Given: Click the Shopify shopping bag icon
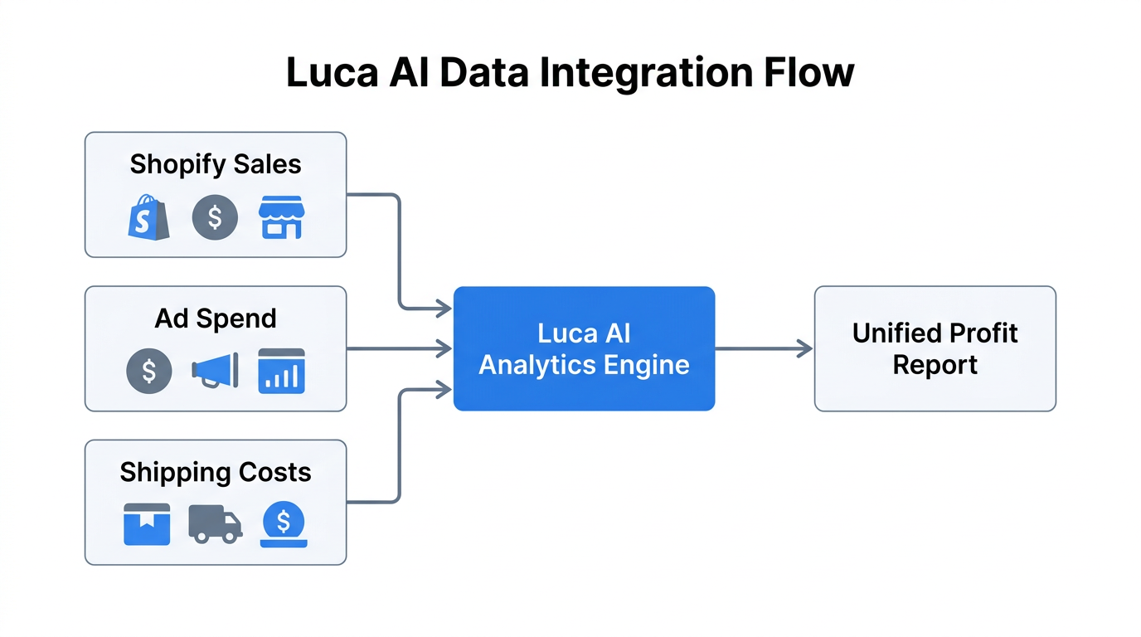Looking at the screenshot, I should coord(149,217).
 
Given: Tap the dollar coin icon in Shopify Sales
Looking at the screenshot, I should coord(215,217).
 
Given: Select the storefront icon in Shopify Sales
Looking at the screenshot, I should coord(281,217).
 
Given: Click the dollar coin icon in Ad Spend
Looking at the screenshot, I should coord(149,371).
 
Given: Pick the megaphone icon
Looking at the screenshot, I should coord(216,371).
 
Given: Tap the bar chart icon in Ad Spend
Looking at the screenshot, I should coord(281,371).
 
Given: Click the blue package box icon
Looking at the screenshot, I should coord(147,524).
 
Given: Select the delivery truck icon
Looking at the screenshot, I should coord(215,524).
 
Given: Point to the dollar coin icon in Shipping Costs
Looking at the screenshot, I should coord(284,524).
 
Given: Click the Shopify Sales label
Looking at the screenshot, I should coord(216,164).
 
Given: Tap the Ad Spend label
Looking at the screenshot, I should coord(216,318).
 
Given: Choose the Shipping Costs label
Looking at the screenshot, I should coord(216,472).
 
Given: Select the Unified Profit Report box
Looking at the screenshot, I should coord(935,349).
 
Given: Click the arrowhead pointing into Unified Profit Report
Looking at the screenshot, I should coord(804,349).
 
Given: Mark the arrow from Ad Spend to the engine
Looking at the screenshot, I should coord(398,349).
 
